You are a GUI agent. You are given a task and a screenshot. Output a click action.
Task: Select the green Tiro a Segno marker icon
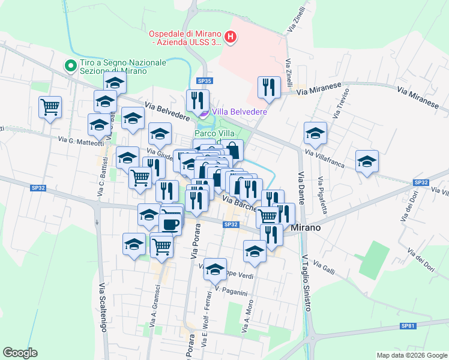(x=71, y=65)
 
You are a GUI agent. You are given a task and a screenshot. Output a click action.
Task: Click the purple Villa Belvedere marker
(x=203, y=112)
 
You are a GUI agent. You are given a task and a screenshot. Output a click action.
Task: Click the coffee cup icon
(x=170, y=223)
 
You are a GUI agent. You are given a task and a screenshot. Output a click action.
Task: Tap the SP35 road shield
(x=205, y=81)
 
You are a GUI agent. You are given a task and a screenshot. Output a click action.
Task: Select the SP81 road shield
(x=408, y=326)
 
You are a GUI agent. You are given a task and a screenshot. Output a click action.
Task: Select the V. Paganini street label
(x=231, y=292)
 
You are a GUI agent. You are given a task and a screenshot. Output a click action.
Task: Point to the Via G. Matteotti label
(x=81, y=140)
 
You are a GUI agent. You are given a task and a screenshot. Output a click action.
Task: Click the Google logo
(x=20, y=353)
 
